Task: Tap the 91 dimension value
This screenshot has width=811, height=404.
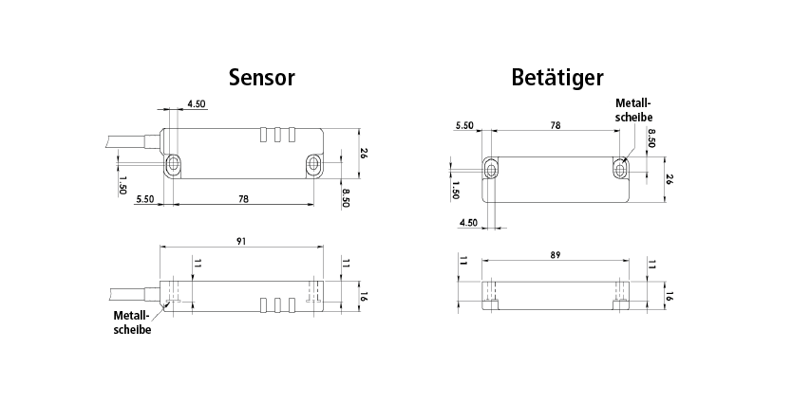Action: coord(243,242)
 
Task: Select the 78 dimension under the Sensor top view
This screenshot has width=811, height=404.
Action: coord(243,199)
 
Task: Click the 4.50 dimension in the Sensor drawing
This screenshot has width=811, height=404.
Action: coord(197,103)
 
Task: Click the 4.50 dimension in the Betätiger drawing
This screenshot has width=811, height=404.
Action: coord(468,223)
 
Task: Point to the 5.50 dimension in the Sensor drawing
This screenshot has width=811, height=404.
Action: coord(145,199)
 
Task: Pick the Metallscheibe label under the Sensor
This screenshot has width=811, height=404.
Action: coord(132,322)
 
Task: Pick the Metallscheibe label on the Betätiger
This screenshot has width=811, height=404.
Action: coord(633,109)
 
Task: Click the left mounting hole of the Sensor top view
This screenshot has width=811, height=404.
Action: coord(173,166)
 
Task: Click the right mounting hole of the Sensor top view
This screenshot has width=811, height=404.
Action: coord(314,166)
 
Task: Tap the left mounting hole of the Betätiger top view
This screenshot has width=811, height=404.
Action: coord(491,170)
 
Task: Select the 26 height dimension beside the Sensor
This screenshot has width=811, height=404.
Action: coord(363,153)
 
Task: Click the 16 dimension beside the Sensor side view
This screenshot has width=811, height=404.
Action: coord(363,296)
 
